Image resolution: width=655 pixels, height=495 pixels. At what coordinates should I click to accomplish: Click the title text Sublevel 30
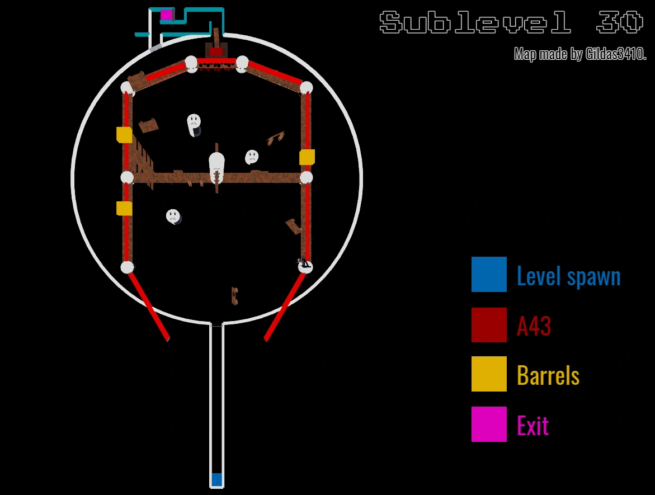[x=511, y=23]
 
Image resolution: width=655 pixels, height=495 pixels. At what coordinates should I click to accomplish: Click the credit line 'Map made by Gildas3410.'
[x=580, y=54]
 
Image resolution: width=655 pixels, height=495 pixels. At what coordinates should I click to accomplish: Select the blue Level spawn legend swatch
[x=489, y=274]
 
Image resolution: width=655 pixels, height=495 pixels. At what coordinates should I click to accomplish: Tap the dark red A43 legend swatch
[x=489, y=324]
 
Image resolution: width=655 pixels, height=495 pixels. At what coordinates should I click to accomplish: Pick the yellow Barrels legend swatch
[x=489, y=374]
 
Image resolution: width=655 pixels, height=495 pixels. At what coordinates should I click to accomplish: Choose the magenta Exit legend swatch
[x=489, y=424]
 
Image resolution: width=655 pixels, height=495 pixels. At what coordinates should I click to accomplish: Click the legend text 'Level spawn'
[x=568, y=276]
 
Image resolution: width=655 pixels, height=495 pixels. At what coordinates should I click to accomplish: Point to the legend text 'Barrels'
[x=548, y=375]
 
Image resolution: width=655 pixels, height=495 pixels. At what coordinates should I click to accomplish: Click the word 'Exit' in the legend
[x=533, y=426]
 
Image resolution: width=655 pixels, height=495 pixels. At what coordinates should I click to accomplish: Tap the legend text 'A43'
[x=534, y=326]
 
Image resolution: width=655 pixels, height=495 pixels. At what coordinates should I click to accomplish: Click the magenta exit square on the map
[x=166, y=15]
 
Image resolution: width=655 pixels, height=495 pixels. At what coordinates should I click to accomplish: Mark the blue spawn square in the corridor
[x=216, y=479]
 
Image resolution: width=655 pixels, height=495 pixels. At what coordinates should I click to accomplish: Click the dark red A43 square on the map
[x=216, y=51]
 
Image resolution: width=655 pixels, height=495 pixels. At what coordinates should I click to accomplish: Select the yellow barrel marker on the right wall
[x=307, y=157]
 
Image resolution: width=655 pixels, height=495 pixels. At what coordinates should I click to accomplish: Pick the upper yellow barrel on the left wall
[x=124, y=135]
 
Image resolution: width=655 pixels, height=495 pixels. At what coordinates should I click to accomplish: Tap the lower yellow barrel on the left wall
[x=124, y=208]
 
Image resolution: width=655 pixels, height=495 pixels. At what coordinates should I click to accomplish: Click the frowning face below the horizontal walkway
[x=173, y=215]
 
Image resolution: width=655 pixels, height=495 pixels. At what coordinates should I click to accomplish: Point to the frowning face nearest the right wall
[x=252, y=157]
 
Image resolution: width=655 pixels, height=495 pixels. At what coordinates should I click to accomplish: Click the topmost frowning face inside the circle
[x=194, y=120]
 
